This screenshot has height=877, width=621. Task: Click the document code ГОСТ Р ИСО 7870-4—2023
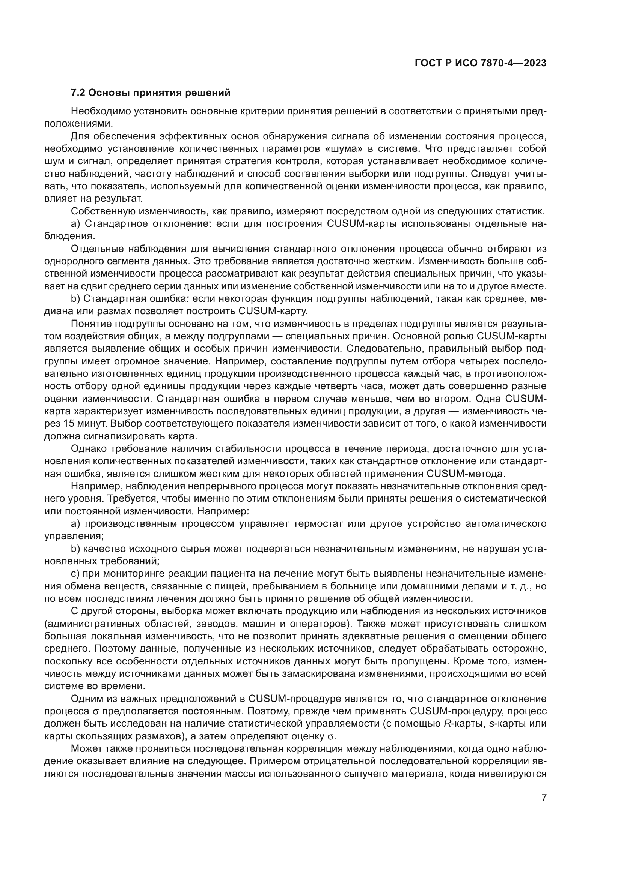pos(480,63)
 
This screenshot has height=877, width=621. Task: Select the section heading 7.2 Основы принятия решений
pos(151,93)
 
